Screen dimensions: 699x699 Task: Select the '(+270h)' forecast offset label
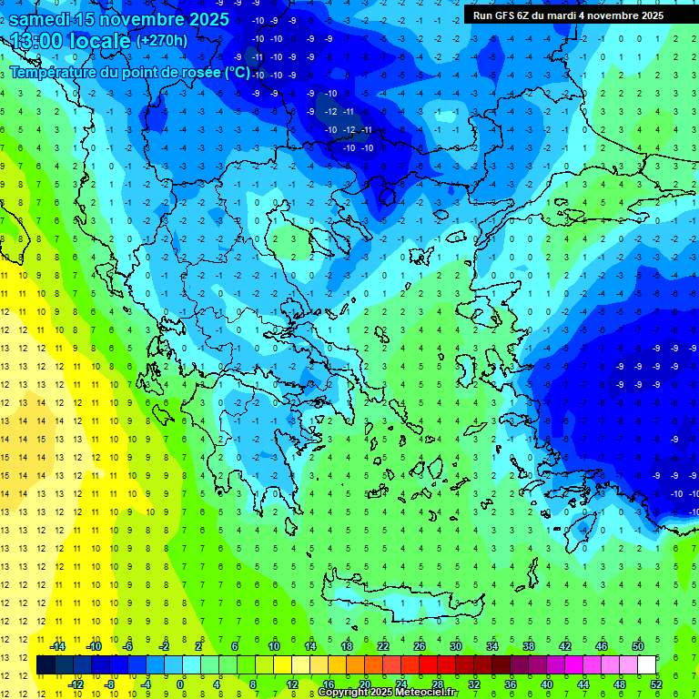[161, 41]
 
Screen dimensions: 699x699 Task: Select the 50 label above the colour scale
[637, 646]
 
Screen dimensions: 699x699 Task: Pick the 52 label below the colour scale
[656, 684]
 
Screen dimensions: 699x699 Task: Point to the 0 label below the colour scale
[180, 684]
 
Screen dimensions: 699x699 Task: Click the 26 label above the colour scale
[420, 646]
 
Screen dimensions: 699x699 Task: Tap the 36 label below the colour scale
[510, 684]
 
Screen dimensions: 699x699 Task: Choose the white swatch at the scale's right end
[646, 665]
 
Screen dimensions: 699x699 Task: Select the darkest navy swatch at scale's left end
[46, 665]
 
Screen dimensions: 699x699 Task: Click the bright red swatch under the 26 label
[428, 665]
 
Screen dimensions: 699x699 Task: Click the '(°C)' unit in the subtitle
[237, 71]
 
